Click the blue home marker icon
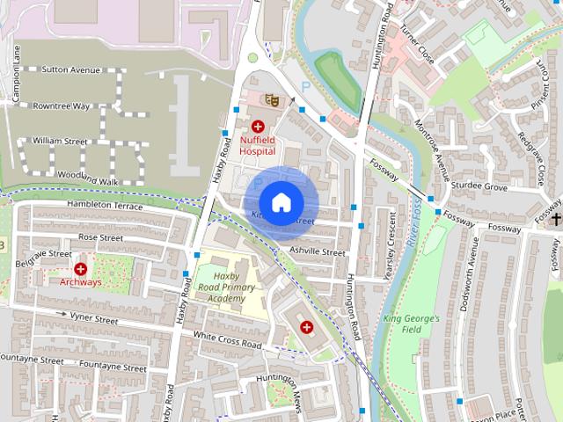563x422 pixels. (281, 202)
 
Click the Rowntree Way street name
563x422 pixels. (61, 105)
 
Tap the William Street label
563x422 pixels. (60, 141)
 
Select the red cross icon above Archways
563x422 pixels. (81, 268)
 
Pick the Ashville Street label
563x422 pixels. (317, 252)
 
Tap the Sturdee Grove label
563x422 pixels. (479, 187)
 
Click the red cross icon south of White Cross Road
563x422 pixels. (306, 327)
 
